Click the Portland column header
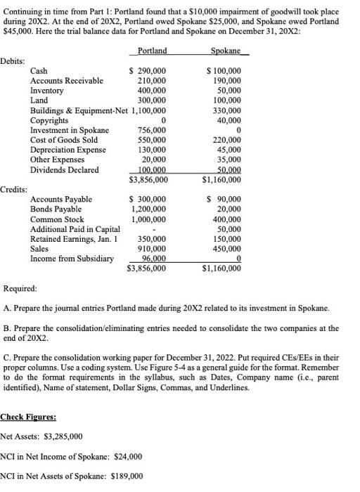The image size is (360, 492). point(152,51)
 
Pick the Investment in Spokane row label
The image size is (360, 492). point(70,130)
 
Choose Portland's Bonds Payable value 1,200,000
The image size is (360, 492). point(148,209)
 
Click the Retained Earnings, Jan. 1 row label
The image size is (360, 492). point(75,239)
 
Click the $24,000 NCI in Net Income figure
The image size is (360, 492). point(127,456)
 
